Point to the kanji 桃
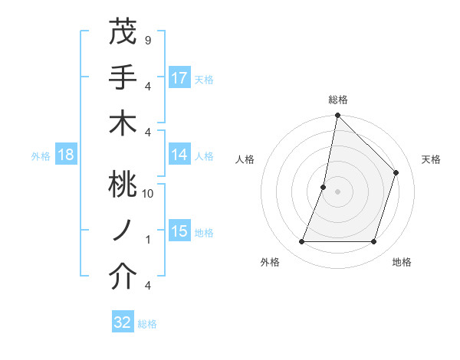(x=123, y=185)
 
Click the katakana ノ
(x=123, y=231)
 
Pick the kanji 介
(x=123, y=277)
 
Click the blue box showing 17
(x=179, y=78)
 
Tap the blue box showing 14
(x=179, y=155)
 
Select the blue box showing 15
(x=179, y=231)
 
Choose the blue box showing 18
(x=66, y=155)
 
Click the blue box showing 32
(x=123, y=322)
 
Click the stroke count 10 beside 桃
(x=147, y=193)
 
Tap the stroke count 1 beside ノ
(x=147, y=240)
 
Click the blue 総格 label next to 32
(x=147, y=324)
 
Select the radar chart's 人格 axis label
(x=245, y=159)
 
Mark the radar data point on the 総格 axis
(x=337, y=116)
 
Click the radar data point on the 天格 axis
(x=396, y=172)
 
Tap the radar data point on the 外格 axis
(x=301, y=241)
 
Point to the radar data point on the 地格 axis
(x=373, y=241)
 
